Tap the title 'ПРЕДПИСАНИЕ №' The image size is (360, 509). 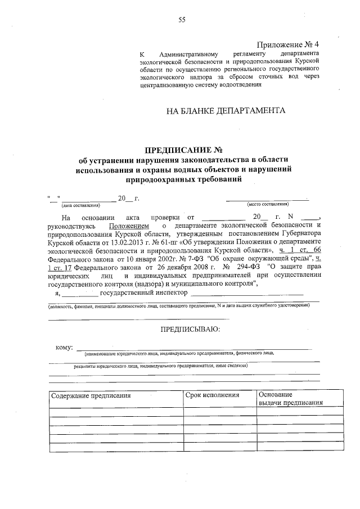point(184,150)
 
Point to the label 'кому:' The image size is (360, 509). point(64,347)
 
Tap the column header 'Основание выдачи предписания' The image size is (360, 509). point(290,399)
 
